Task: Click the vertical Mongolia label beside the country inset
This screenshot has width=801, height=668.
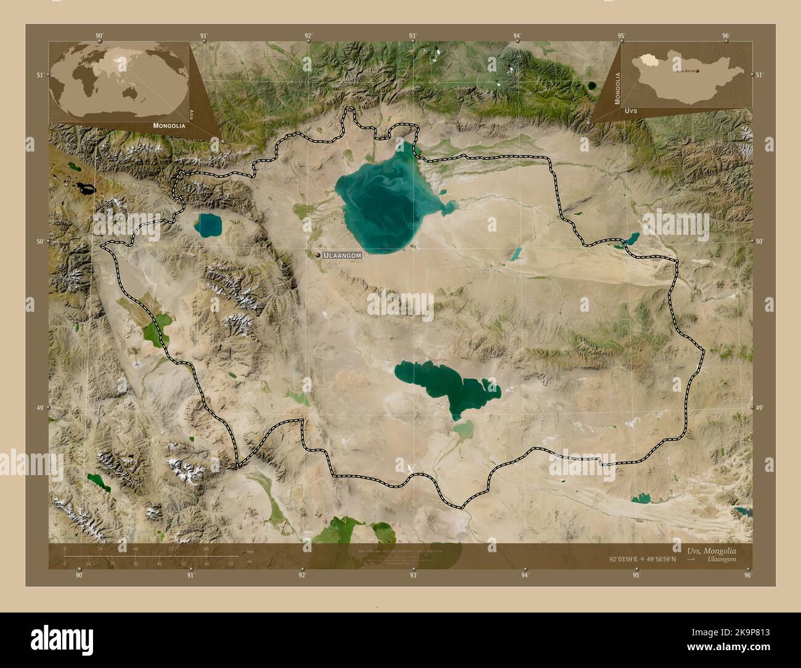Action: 617,89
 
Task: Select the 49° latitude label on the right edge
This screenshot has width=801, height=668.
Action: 759,408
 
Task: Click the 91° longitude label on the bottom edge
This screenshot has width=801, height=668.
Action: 191,576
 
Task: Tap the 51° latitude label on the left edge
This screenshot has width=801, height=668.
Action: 40,75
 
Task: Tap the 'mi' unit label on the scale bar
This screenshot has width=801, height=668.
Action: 249,562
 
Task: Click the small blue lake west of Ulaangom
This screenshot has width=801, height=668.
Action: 208,225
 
